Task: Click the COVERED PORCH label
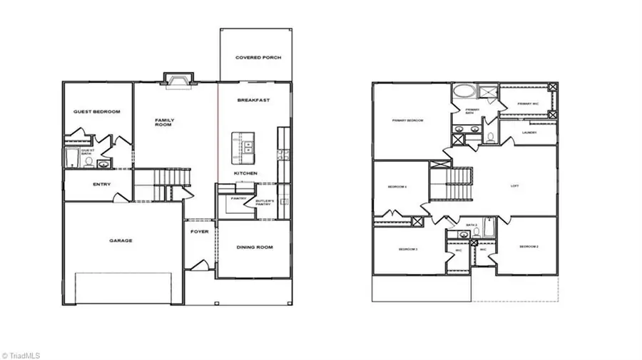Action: (255, 56)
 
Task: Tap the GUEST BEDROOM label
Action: (97, 112)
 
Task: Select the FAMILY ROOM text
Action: (165, 122)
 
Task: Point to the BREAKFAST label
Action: (253, 101)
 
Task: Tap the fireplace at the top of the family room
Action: (175, 78)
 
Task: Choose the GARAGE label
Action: (121, 240)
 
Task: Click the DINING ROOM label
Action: (254, 247)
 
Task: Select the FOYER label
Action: (199, 232)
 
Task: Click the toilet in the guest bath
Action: (88, 162)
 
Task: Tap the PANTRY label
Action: (238, 198)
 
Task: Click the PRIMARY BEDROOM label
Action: (407, 120)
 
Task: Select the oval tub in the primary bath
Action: (463, 91)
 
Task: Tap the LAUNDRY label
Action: (529, 133)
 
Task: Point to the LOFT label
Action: (514, 187)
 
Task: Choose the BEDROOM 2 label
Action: (528, 247)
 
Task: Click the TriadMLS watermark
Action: (23, 354)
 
